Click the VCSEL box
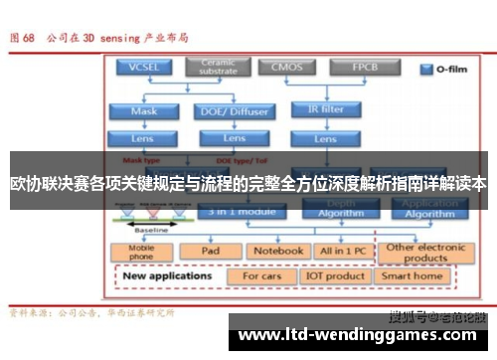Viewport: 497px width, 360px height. coord(143,68)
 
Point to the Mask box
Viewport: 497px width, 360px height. coord(143,111)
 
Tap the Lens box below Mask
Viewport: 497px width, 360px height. coord(143,138)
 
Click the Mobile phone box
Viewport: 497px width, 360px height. coord(143,253)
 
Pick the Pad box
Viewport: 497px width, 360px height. coord(210,252)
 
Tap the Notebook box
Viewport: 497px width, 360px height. coord(276,252)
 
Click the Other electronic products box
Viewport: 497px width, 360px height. coord(427,252)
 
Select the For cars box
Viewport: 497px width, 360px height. coord(262,275)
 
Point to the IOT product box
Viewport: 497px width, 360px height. coord(336,275)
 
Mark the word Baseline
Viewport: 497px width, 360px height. coord(151,230)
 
